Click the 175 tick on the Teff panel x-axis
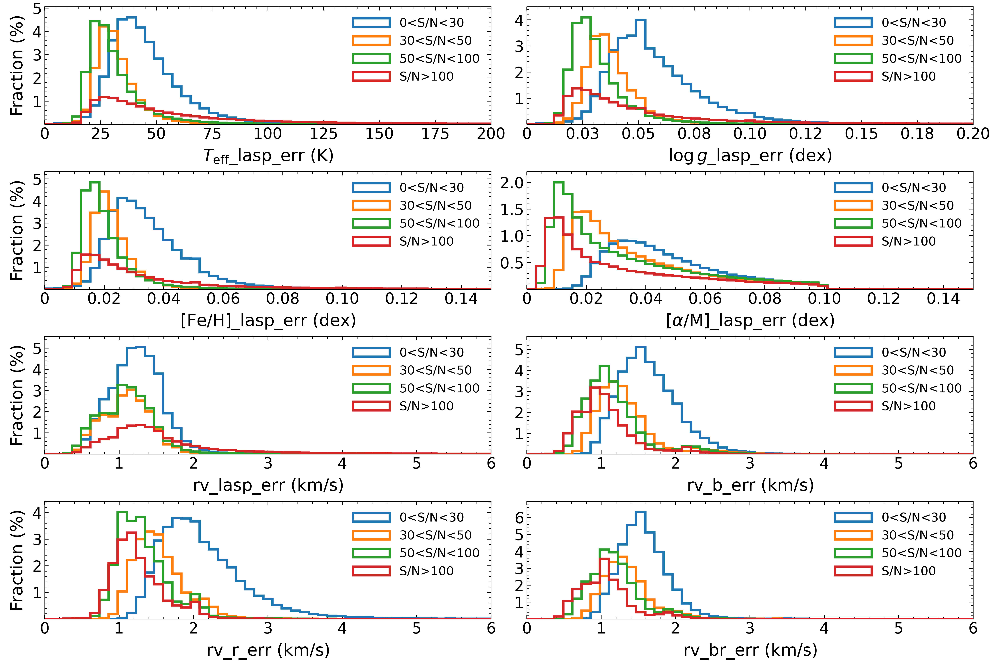click(x=435, y=134)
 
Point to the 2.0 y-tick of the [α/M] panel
click(x=512, y=182)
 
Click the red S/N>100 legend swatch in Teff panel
click(x=371, y=76)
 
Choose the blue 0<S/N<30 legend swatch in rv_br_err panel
click(x=853, y=517)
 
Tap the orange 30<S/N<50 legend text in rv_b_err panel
click(x=917, y=370)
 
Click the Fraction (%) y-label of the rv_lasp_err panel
click(x=17, y=395)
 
